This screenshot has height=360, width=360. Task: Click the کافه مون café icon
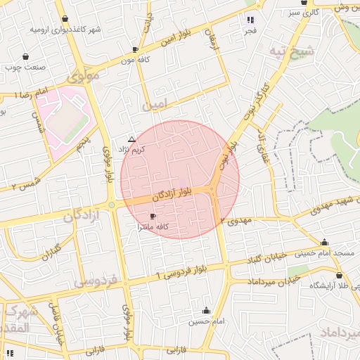pyautogui.click(x=135, y=50)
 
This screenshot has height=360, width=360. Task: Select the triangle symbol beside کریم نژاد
pyautogui.click(x=131, y=140)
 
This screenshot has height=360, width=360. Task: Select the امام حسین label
pyautogui.click(x=205, y=322)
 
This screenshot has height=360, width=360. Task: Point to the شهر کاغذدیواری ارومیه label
pyautogui.click(x=65, y=30)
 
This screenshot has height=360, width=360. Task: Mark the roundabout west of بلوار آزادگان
pyautogui.click(x=112, y=205)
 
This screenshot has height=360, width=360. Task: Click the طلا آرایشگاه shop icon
pyautogui.click(x=339, y=276)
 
